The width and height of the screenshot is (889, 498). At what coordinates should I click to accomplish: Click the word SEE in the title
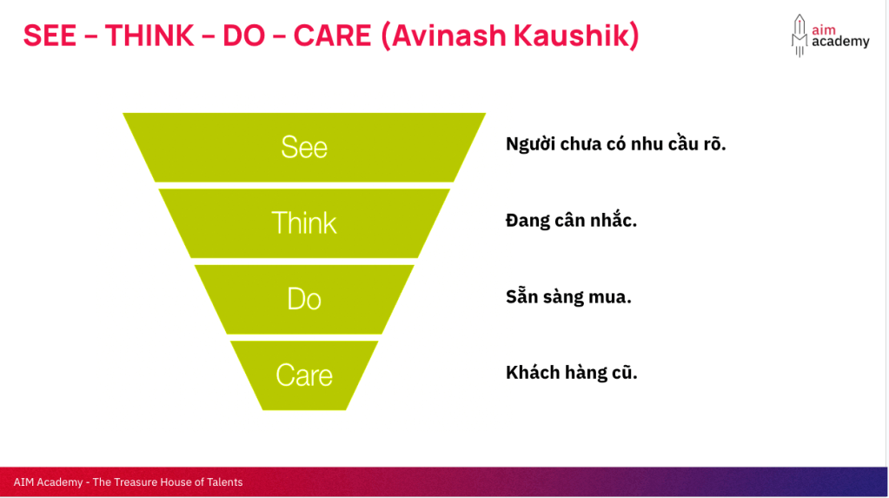click(50, 36)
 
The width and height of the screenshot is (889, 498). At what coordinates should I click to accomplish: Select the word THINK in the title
click(149, 36)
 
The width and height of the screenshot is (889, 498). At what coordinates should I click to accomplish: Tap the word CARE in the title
click(332, 36)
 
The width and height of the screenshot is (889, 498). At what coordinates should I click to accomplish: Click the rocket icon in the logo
click(799, 35)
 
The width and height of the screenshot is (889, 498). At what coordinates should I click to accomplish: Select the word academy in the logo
click(840, 42)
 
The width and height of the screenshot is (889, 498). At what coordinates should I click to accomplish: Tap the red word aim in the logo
click(824, 30)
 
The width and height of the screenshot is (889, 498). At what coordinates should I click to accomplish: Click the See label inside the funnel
click(304, 148)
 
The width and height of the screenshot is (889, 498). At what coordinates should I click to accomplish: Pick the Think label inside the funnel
click(304, 222)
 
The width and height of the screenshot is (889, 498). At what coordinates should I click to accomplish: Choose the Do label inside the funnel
click(304, 299)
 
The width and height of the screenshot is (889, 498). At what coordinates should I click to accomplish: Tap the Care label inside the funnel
click(304, 375)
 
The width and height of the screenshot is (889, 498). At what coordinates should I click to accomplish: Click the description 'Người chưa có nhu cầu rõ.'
click(616, 144)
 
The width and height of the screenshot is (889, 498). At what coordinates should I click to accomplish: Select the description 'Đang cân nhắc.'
click(572, 220)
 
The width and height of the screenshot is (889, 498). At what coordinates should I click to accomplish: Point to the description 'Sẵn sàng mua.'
click(568, 296)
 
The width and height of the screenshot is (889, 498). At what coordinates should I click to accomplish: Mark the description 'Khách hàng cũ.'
click(572, 372)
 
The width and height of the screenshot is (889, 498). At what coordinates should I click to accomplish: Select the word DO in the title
click(244, 36)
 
